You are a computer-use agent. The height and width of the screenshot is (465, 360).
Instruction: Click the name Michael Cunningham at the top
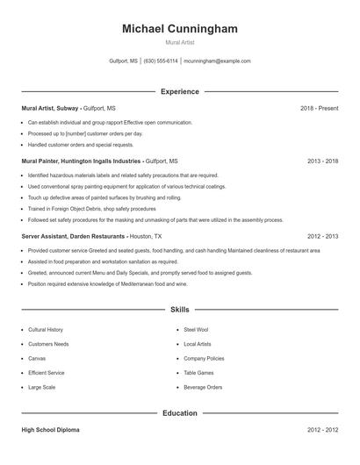[180, 29]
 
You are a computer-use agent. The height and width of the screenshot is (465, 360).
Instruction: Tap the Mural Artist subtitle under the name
[180, 42]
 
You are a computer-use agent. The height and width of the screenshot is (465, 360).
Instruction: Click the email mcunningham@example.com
[218, 61]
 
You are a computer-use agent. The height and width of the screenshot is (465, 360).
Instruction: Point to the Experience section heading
[180, 91]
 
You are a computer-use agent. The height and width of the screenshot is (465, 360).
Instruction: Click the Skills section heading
[180, 309]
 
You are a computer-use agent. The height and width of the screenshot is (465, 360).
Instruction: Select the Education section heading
[180, 412]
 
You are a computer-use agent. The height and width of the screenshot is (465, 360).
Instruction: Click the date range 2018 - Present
[319, 108]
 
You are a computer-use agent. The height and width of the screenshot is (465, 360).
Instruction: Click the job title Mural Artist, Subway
[51, 108]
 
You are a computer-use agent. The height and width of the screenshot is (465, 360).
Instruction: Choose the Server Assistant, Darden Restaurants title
[74, 236]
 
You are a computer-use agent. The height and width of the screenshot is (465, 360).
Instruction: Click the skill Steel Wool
[196, 329]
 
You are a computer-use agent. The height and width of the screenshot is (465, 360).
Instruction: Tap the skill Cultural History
[46, 329]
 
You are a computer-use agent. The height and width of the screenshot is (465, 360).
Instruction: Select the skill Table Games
[198, 372]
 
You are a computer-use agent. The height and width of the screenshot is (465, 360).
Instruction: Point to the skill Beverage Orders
[203, 387]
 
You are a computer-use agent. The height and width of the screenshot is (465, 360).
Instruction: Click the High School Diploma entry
[52, 430]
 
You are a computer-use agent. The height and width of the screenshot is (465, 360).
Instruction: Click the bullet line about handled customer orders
[81, 144]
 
